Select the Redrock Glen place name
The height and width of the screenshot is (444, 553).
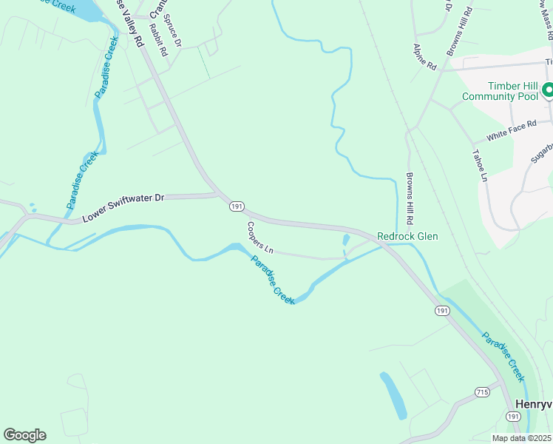coord(407,237)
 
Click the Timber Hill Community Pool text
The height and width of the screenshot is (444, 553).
coord(501,91)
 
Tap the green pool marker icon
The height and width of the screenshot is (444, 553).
coord(548,90)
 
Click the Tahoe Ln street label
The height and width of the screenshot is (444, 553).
coord(478,167)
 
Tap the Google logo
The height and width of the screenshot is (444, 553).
coord(24,435)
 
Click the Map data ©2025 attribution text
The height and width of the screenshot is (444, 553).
coord(521,439)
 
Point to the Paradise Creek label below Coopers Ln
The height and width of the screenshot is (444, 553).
coord(273,279)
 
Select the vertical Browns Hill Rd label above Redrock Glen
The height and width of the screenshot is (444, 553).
coord(409,199)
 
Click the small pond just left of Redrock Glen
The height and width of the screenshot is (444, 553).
coord(346,240)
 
